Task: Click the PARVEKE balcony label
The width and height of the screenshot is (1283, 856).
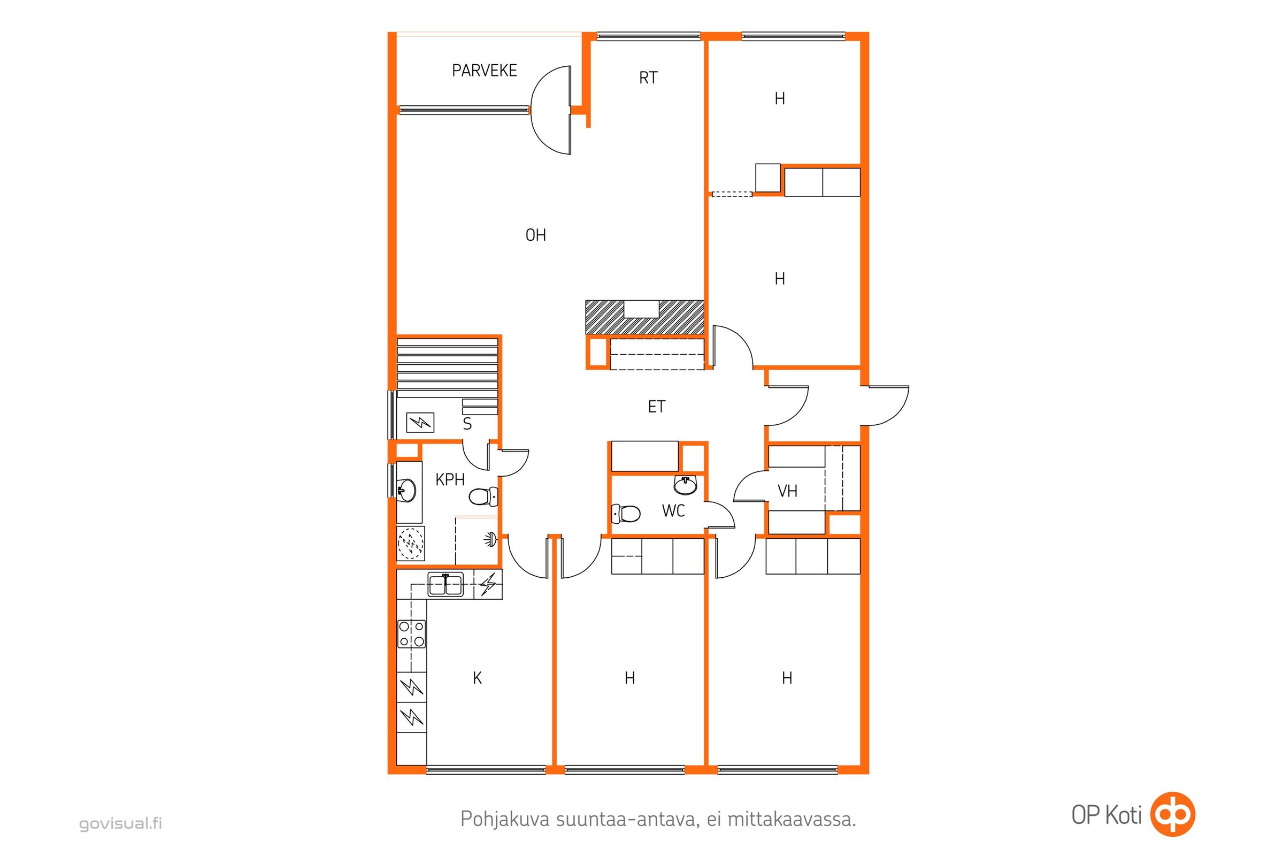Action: [484, 71]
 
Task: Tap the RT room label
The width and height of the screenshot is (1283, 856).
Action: [648, 78]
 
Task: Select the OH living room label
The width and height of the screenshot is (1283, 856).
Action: [535, 235]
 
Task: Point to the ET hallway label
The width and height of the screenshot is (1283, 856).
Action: [657, 407]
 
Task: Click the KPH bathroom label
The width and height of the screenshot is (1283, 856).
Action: [450, 480]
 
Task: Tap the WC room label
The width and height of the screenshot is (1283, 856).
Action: [673, 511]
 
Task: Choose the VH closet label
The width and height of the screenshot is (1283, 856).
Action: [787, 491]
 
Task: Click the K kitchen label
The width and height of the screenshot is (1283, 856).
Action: [477, 678]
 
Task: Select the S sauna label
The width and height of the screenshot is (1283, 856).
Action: [467, 424]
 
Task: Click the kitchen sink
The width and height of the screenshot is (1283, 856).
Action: [445, 585]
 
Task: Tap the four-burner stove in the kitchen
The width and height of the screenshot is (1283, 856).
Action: [411, 634]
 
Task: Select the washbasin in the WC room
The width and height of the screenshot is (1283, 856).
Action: [686, 485]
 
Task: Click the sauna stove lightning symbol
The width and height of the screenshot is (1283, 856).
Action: [420, 422]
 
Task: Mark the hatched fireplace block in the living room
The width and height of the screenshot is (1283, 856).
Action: [644, 317]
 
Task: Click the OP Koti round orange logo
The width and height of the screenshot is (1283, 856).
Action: [1173, 814]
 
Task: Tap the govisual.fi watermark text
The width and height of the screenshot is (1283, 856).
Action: [121, 823]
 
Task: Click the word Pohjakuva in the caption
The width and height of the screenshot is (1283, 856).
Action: [505, 820]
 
